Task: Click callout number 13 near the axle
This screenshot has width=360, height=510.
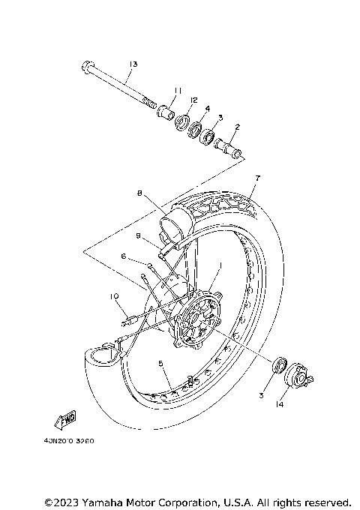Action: pos(133,64)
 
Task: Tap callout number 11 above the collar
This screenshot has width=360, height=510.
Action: pos(178,91)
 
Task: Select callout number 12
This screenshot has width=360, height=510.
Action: pos(193,100)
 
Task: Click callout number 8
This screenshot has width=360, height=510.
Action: pos(139,193)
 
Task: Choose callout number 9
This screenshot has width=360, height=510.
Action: pos(139,235)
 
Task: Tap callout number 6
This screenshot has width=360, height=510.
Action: pos(123,256)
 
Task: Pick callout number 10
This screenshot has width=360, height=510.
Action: pos(115,297)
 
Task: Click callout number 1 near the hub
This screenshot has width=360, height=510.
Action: pos(220,266)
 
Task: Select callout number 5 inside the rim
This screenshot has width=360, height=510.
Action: pos(160,363)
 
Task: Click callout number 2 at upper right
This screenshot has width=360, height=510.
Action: pos(237,127)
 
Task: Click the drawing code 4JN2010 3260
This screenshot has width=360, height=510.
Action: pos(73,441)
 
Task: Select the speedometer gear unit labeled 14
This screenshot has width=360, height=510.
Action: pos(300,374)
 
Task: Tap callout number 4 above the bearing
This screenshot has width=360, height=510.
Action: pos(208,109)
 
